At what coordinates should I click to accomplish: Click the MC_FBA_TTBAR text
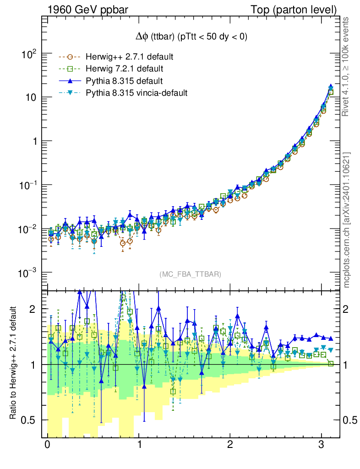click(191, 274)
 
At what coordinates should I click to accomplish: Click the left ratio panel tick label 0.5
click(28, 420)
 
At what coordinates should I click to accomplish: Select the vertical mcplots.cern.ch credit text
click(347, 220)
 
